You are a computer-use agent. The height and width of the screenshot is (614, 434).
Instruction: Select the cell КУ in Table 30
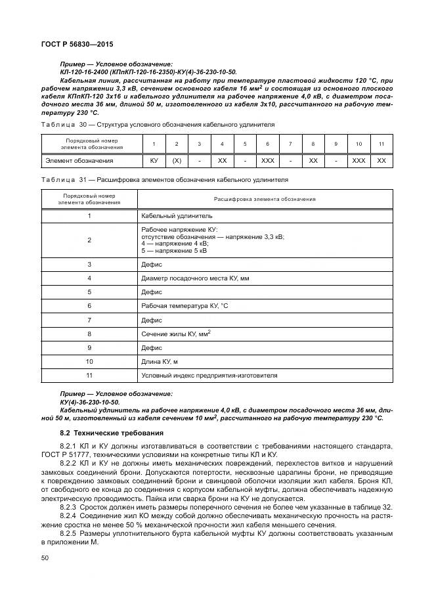click(154, 160)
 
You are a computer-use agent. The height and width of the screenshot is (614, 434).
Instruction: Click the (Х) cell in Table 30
click(177, 160)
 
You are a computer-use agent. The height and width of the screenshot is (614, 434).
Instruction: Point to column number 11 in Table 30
click(381, 143)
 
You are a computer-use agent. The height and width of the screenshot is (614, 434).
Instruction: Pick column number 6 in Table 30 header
click(267, 143)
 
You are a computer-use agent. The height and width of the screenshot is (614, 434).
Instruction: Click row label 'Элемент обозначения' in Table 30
click(79, 160)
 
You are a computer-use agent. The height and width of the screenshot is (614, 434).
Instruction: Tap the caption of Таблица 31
click(164, 180)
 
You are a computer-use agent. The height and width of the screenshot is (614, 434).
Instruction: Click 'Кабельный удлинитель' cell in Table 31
click(177, 215)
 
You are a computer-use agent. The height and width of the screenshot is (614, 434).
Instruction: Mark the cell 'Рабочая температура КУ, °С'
click(185, 306)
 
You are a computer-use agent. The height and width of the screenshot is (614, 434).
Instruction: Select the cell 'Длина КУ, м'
click(160, 361)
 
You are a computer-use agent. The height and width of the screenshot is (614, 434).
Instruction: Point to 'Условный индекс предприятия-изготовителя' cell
click(209, 376)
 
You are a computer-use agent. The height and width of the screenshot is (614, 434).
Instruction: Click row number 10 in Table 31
click(89, 361)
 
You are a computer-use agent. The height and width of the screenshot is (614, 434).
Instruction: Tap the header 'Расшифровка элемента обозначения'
click(265, 198)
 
